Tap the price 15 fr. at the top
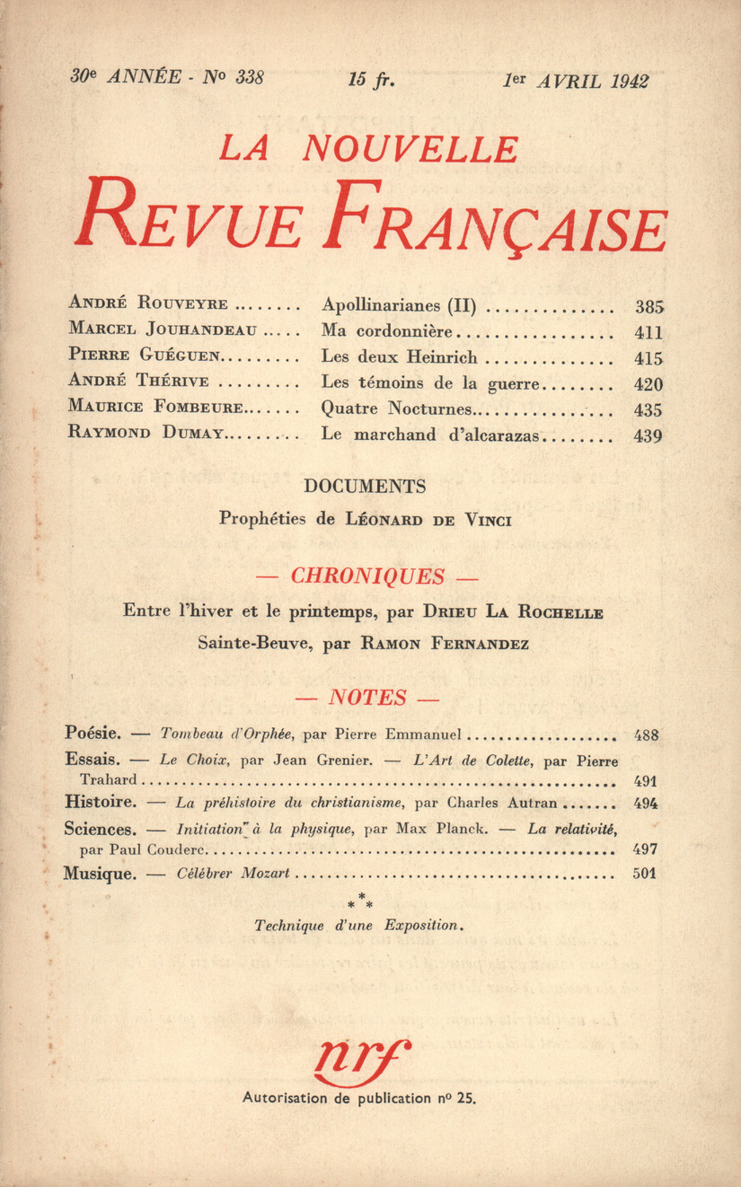[370, 80]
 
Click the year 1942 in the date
[629, 81]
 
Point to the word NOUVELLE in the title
[410, 149]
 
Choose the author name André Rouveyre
[147, 304]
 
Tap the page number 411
[648, 332]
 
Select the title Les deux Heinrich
[399, 357]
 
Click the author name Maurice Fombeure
[154, 409]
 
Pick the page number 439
[648, 437]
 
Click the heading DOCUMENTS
[365, 487]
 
